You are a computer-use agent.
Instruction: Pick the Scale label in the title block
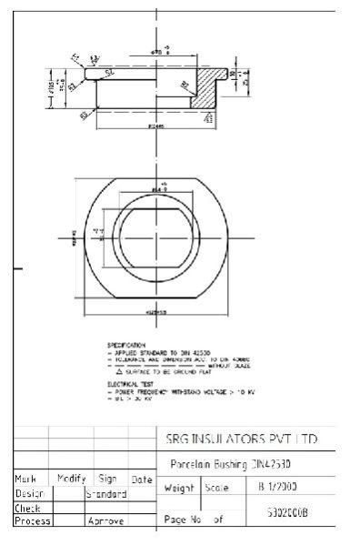[217, 488]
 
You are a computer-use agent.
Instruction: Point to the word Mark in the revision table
[25, 478]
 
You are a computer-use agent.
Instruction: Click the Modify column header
[71, 478]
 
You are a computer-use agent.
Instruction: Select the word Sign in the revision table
[108, 478]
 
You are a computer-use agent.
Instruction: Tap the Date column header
[141, 479]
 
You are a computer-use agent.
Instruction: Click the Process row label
[32, 521]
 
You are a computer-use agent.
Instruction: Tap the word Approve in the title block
[105, 522]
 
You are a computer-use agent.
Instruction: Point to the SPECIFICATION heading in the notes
[126, 346]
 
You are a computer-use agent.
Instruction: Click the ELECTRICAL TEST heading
[129, 385]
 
